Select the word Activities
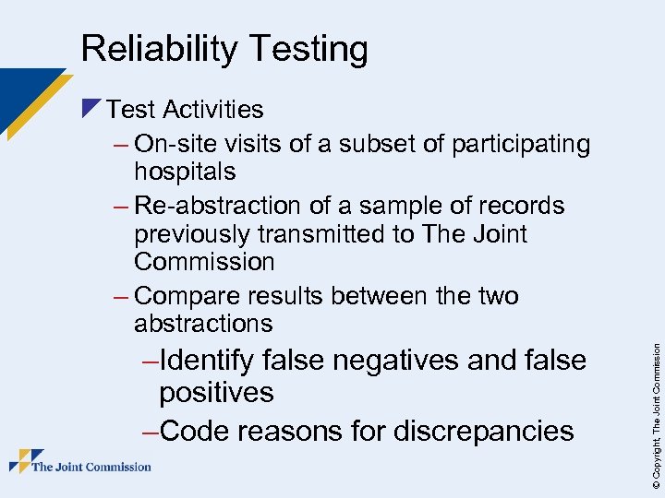coord(213,110)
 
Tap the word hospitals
coord(185,172)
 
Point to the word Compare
coord(191,296)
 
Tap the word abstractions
coord(203,324)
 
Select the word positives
coord(216,393)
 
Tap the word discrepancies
coord(484,430)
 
